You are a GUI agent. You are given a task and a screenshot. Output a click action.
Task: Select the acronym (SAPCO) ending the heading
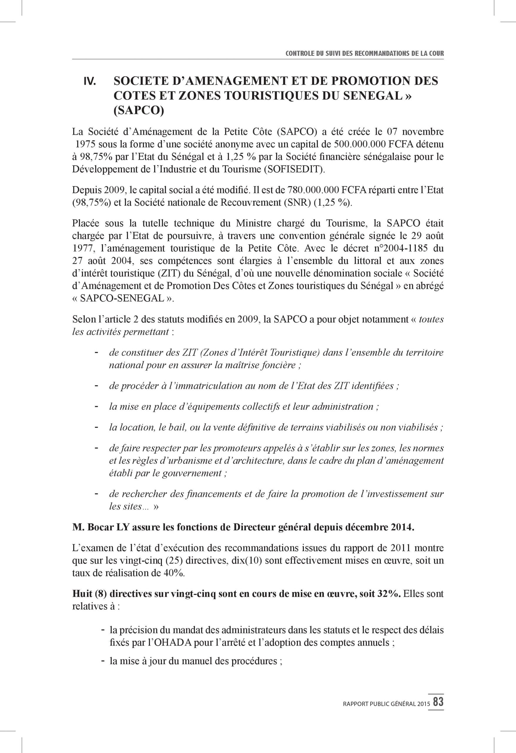(138, 110)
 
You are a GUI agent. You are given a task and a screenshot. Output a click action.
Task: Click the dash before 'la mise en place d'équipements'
(96, 406)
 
